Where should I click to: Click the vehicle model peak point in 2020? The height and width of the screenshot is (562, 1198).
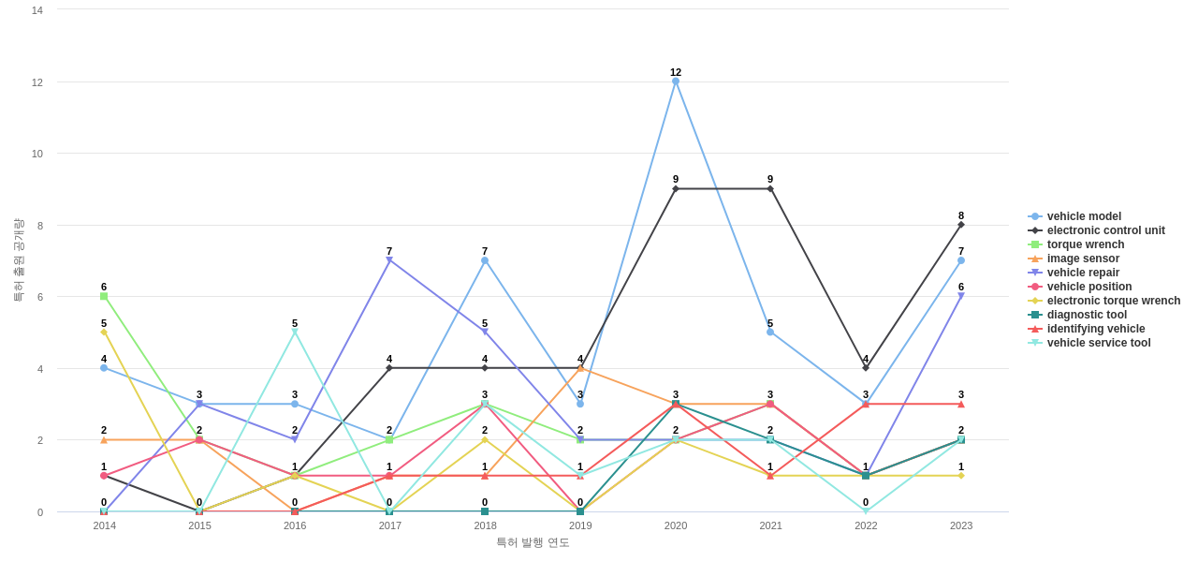tap(676, 81)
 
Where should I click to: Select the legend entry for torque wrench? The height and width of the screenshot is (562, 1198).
tap(1085, 244)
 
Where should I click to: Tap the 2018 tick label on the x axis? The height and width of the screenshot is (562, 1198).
tap(485, 525)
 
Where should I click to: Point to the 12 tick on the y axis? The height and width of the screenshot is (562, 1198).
tap(37, 82)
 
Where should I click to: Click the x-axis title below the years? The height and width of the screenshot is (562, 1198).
tap(533, 542)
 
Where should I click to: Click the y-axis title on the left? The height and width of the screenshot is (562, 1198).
tap(18, 260)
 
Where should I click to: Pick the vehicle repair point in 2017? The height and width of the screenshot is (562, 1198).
tap(389, 260)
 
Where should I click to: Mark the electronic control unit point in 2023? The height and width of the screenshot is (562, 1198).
tap(961, 225)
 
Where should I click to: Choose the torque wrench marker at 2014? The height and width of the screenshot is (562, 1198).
tap(104, 296)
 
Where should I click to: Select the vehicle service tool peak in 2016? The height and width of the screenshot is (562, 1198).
tap(295, 333)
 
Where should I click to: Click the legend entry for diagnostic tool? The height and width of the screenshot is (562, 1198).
tap(1087, 315)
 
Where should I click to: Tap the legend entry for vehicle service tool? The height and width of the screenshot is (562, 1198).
tap(1098, 343)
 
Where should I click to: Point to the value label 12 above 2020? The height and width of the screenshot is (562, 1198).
tap(676, 72)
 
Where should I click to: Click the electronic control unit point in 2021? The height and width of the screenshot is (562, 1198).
tap(770, 189)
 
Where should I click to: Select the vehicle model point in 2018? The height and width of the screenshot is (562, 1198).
tap(485, 260)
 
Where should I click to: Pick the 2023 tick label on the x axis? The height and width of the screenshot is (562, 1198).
tap(961, 525)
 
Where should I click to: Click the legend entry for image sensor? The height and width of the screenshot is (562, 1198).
tap(1083, 259)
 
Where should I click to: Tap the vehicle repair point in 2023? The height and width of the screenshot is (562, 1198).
tap(961, 296)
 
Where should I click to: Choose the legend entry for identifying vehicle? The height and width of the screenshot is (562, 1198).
tap(1095, 329)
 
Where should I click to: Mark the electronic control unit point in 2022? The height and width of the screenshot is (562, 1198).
tap(866, 368)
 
